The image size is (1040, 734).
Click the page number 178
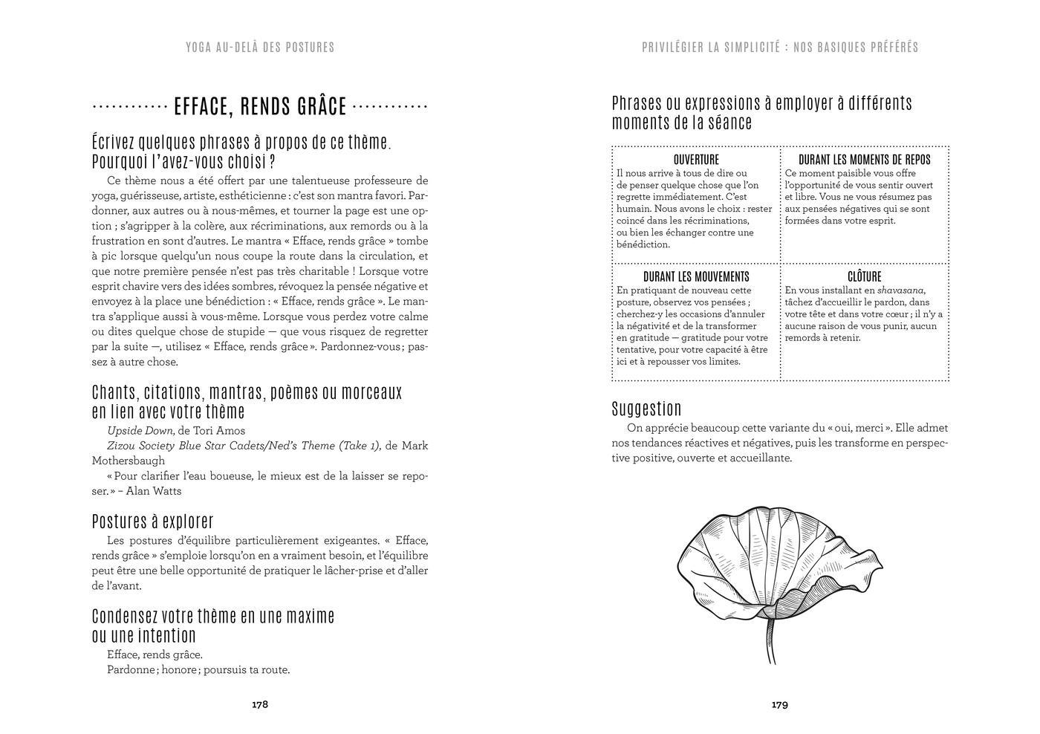tap(259, 704)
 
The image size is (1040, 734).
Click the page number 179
tap(779, 704)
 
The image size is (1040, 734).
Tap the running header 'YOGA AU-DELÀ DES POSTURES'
tap(260, 48)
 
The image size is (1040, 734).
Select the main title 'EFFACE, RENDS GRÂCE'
tap(260, 107)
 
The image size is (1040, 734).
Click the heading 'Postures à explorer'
tap(152, 521)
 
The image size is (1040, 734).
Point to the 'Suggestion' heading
tap(646, 409)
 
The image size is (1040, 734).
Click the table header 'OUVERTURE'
tap(696, 160)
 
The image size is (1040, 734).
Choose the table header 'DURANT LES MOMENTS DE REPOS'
tap(864, 160)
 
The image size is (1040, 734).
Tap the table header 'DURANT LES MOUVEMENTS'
tap(696, 277)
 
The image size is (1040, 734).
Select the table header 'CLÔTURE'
tap(864, 277)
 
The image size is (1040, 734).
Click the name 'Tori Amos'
tap(219, 431)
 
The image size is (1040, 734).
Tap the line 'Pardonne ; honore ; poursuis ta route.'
tap(198, 670)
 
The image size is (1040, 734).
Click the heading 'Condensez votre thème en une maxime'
tap(213, 616)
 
